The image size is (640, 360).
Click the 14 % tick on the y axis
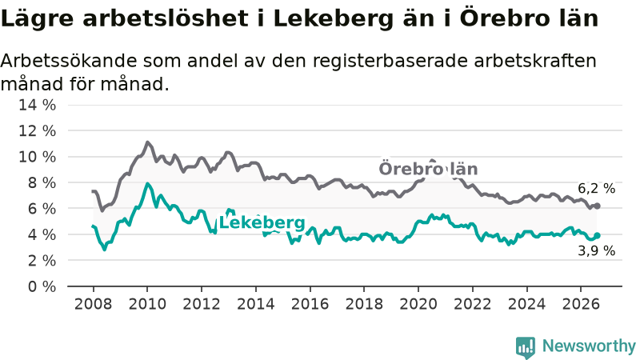click(37, 105)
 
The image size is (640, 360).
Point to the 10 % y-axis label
click(37, 157)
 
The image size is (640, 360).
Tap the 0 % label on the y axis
click(42, 286)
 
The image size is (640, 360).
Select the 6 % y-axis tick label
click(42, 209)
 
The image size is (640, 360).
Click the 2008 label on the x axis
click(93, 304)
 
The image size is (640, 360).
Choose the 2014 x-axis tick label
click(256, 304)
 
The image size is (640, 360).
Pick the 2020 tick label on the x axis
click(418, 304)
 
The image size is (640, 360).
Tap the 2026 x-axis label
click(581, 304)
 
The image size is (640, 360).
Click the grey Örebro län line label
click(428, 169)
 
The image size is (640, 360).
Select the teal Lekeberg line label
click(262, 223)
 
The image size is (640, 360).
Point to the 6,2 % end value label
click(596, 188)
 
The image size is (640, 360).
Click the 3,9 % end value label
click(596, 250)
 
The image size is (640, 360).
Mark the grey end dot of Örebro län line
click(597, 206)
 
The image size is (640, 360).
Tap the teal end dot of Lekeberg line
click(597, 235)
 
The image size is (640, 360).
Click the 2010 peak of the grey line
click(147, 142)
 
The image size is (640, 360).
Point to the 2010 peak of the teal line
click(147, 184)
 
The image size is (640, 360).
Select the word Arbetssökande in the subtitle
click(69, 61)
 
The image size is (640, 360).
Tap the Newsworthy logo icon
click(526, 347)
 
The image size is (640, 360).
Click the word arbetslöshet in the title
click(165, 18)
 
